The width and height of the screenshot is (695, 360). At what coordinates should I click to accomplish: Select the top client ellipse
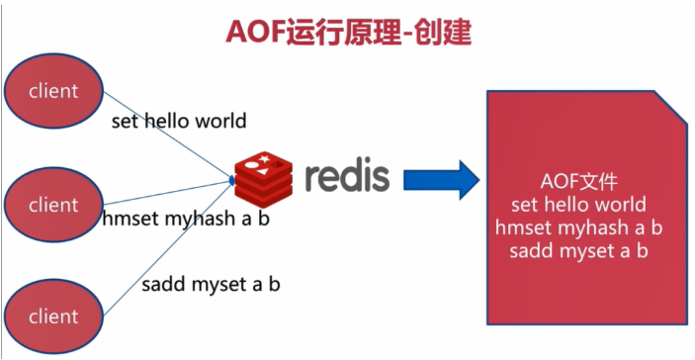(53, 91)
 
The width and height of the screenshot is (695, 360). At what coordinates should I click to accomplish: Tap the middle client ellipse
(53, 206)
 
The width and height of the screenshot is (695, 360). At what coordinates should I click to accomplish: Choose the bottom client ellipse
(53, 316)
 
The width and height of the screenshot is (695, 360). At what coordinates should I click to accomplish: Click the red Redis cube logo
(262, 176)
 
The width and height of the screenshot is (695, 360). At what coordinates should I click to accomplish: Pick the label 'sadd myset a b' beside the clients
(211, 285)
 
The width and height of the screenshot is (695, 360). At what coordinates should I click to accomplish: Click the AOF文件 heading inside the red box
(579, 183)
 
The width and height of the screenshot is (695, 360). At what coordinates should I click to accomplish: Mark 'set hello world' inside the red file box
(579, 206)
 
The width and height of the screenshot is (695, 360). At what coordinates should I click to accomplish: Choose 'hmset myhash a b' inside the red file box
(579, 228)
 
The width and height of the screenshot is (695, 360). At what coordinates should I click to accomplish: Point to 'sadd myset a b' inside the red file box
(579, 251)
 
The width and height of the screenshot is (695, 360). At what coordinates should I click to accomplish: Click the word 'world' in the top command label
(220, 122)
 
